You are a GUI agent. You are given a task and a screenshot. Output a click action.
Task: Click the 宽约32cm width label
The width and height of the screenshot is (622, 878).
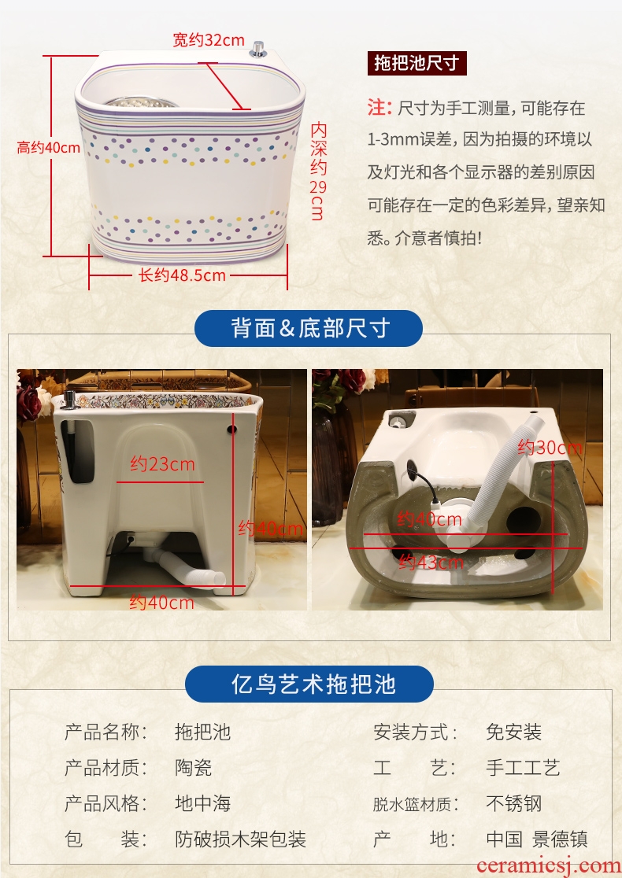(x=209, y=40)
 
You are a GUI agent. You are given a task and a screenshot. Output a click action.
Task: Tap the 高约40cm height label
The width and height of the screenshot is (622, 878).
(x=49, y=148)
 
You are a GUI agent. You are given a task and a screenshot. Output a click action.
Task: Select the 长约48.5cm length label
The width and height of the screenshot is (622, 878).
(x=182, y=275)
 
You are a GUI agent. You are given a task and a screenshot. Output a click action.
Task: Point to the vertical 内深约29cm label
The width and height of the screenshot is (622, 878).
(x=318, y=172)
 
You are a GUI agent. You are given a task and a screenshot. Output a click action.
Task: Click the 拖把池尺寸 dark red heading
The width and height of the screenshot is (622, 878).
(x=417, y=63)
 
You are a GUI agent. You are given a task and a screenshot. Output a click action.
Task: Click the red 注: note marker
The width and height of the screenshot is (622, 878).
(x=379, y=107)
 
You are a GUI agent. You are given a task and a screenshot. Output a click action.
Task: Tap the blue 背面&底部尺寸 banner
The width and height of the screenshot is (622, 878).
(x=308, y=328)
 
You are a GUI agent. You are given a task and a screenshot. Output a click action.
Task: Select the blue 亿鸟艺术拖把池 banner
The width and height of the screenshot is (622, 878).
(x=309, y=684)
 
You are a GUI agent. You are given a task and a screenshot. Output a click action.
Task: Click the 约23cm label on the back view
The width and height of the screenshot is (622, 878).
(x=162, y=463)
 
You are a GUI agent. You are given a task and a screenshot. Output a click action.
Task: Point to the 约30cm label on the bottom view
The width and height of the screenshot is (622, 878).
(x=550, y=448)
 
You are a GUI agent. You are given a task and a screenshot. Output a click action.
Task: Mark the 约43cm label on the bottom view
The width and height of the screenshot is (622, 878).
(x=431, y=562)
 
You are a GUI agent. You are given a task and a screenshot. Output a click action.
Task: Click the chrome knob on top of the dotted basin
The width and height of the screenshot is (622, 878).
(x=257, y=49)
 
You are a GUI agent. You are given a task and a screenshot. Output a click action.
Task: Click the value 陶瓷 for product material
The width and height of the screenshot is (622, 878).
(x=194, y=767)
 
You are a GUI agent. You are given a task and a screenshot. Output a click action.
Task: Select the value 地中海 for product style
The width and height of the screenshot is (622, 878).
(x=203, y=803)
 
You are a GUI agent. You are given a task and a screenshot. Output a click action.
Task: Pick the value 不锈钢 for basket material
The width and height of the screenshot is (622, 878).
(x=514, y=803)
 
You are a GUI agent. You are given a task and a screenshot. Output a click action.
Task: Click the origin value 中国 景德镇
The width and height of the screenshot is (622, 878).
(x=537, y=839)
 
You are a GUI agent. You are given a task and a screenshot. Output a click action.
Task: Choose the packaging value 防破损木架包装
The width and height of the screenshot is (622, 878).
(x=240, y=839)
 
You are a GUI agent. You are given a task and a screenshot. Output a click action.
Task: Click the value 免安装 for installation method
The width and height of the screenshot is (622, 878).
(x=514, y=732)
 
